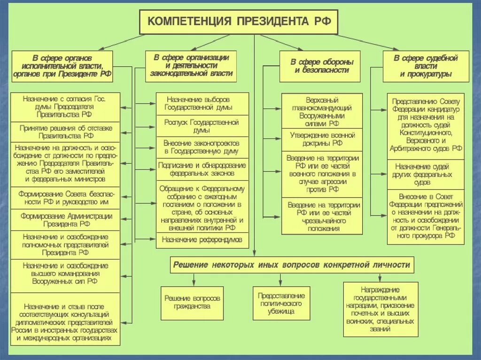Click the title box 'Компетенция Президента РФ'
pyautogui.click(x=237, y=22)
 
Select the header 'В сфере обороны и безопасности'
pyautogui.click(x=322, y=66)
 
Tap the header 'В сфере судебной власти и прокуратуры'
pyautogui.click(x=426, y=66)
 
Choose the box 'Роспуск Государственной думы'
pyautogui.click(x=202, y=126)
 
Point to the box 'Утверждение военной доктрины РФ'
pyautogui.click(x=322, y=139)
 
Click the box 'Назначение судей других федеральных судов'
pyautogui.click(x=426, y=174)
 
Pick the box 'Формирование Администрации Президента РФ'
pyautogui.click(x=65, y=220)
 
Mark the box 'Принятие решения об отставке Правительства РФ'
pyautogui.click(x=65, y=131)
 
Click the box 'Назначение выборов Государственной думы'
pyautogui.click(x=202, y=104)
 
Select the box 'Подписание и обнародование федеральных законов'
pyautogui.click(x=202, y=169)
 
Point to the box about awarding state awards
pyautogui.click(x=380, y=309)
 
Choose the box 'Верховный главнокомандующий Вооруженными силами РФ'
pyautogui.click(x=322, y=112)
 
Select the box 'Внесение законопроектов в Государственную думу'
pyautogui.click(x=202, y=147)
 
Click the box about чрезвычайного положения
pyautogui.click(x=322, y=216)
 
